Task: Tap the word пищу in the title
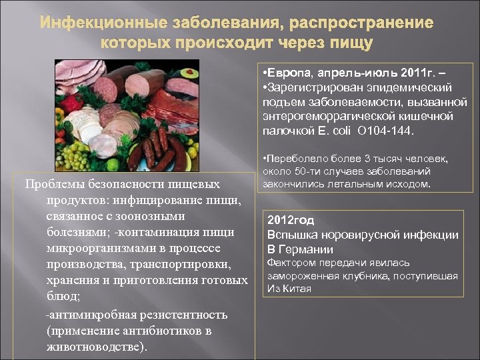[x=352, y=43]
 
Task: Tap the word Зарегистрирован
[x=313, y=87]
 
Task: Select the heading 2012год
[x=291, y=219]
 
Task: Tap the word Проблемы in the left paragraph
[x=50, y=184]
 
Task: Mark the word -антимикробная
[x=83, y=314]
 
